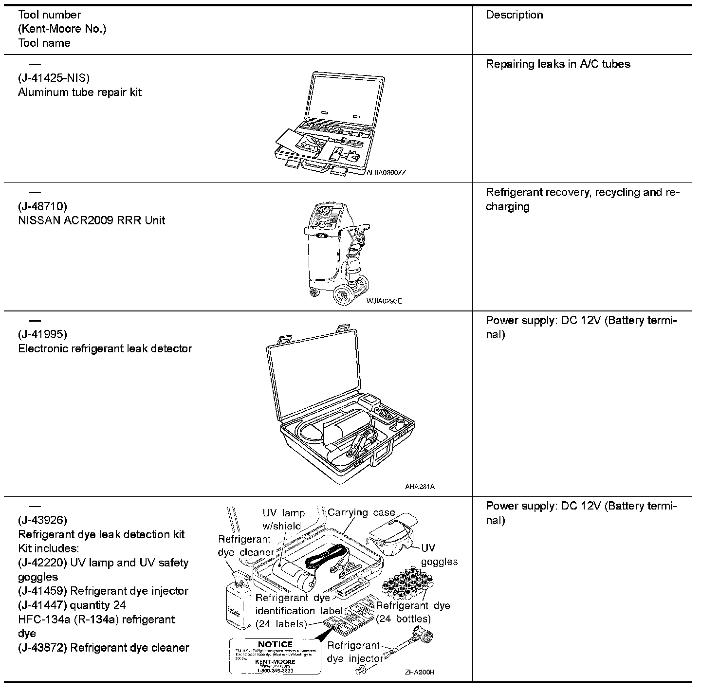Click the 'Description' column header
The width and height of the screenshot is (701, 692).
(515, 15)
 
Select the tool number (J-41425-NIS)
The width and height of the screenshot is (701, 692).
(54, 78)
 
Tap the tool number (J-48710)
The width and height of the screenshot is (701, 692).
(43, 206)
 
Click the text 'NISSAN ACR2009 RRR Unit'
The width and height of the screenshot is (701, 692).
(92, 220)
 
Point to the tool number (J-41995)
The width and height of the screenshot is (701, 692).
(43, 334)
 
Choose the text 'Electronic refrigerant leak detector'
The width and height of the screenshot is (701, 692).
(105, 348)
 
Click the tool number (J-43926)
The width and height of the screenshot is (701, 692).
(43, 520)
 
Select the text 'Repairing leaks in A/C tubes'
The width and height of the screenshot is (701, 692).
(558, 64)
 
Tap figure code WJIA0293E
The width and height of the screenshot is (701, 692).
(384, 301)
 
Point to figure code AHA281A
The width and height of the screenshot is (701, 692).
(420, 486)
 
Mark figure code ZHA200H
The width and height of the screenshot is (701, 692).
(419, 672)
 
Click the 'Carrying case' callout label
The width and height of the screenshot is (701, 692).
(361, 513)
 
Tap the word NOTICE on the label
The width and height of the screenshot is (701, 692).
(275, 644)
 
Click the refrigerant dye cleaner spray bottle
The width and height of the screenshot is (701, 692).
(238, 599)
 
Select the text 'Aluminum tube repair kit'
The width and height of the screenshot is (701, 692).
(80, 92)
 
